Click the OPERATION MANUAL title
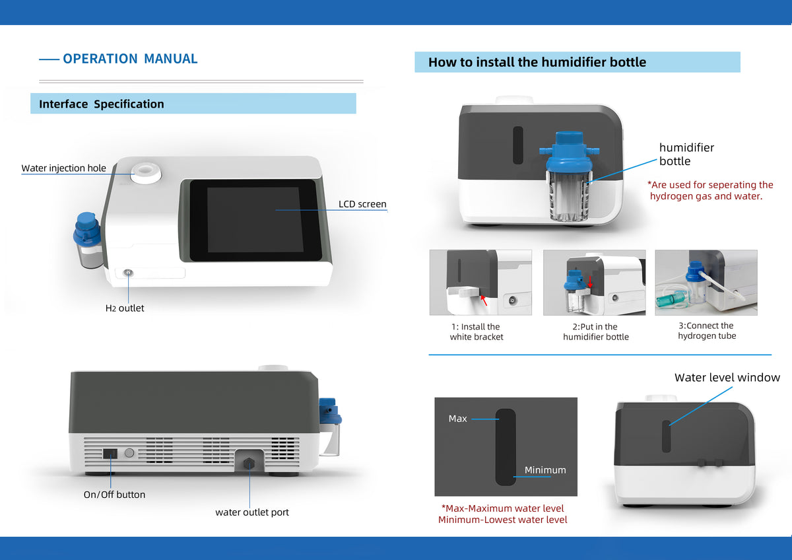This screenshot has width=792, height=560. pyautogui.click(x=130, y=59)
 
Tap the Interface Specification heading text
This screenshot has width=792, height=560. pyautogui.click(x=102, y=104)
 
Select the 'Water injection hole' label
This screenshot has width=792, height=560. pyautogui.click(x=63, y=168)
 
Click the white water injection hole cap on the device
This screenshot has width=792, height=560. pyautogui.click(x=147, y=172)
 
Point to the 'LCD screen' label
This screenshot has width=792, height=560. pyautogui.click(x=362, y=204)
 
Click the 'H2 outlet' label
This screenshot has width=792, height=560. pyautogui.click(x=125, y=308)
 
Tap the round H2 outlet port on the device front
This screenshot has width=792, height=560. pyautogui.click(x=128, y=273)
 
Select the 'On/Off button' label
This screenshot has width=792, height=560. pyautogui.click(x=114, y=495)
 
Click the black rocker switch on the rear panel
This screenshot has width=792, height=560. pyautogui.click(x=110, y=454)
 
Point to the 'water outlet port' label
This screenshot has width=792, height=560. pyautogui.click(x=252, y=512)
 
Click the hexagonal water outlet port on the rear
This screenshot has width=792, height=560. pyautogui.click(x=249, y=464)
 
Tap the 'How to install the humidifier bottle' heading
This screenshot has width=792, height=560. pyautogui.click(x=537, y=62)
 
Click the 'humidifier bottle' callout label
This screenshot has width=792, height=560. pyautogui.click(x=686, y=155)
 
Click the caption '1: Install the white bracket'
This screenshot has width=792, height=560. pyautogui.click(x=477, y=332)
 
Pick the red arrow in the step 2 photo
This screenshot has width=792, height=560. pyautogui.click(x=590, y=281)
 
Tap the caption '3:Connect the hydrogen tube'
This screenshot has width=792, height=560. pyautogui.click(x=706, y=331)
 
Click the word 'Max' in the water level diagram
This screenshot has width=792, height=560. pyautogui.click(x=457, y=419)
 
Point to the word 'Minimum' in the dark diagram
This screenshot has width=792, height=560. pyautogui.click(x=545, y=470)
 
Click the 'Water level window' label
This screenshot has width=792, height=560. pyautogui.click(x=727, y=378)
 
